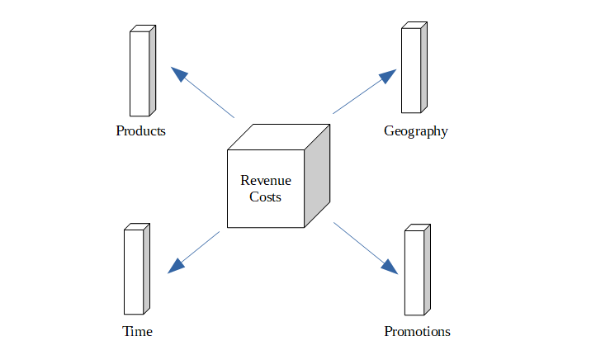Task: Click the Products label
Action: [x=140, y=131]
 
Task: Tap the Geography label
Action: [x=415, y=131]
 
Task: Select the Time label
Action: [x=137, y=332]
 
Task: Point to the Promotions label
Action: [x=417, y=332]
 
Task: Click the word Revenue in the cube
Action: [x=265, y=180]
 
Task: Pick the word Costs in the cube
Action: [x=265, y=197]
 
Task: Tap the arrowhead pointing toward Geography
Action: [x=387, y=78]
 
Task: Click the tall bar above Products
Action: [x=140, y=73]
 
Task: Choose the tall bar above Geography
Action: [x=411, y=69]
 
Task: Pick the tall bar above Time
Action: [x=134, y=271]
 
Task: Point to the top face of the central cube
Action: [x=279, y=137]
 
